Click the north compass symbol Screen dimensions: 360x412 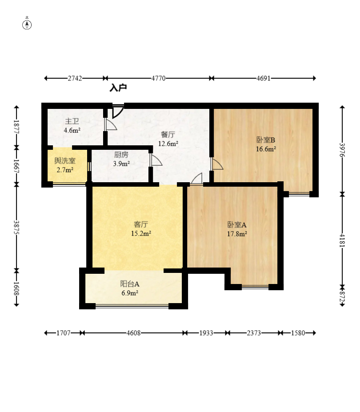(27, 24)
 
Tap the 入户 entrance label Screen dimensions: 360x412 (118, 88)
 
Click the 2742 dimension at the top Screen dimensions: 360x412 (75, 78)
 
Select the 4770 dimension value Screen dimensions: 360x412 (159, 78)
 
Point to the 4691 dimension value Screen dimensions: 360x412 (263, 78)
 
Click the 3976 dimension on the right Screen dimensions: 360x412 (342, 150)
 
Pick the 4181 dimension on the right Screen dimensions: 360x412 (342, 240)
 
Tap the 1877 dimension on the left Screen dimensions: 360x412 (16, 127)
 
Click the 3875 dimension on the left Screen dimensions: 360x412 (16, 228)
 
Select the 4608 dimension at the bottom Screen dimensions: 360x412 (133, 333)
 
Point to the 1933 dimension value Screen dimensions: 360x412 (206, 333)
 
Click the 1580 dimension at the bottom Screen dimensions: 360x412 (298, 333)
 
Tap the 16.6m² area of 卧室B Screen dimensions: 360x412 (266, 149)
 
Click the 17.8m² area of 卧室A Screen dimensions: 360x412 (237, 234)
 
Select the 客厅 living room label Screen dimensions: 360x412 (141, 224)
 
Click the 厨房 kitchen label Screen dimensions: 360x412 (121, 155)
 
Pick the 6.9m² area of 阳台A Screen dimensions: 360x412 (130, 293)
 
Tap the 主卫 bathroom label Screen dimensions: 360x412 (72, 121)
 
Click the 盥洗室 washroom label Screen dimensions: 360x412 (65, 160)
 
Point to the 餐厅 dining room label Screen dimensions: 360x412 (168, 135)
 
